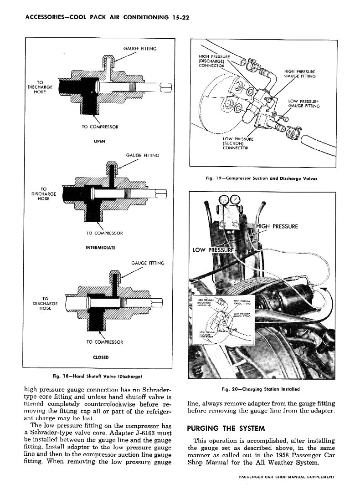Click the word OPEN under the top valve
point(99,141)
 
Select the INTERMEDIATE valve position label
point(100,248)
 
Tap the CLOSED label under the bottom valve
point(100,356)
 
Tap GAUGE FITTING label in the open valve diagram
point(140,48)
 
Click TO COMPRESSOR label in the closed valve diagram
point(104,341)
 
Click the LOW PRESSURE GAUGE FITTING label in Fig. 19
point(304,103)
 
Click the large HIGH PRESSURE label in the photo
point(277,226)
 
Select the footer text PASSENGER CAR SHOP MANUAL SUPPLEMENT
point(287,477)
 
